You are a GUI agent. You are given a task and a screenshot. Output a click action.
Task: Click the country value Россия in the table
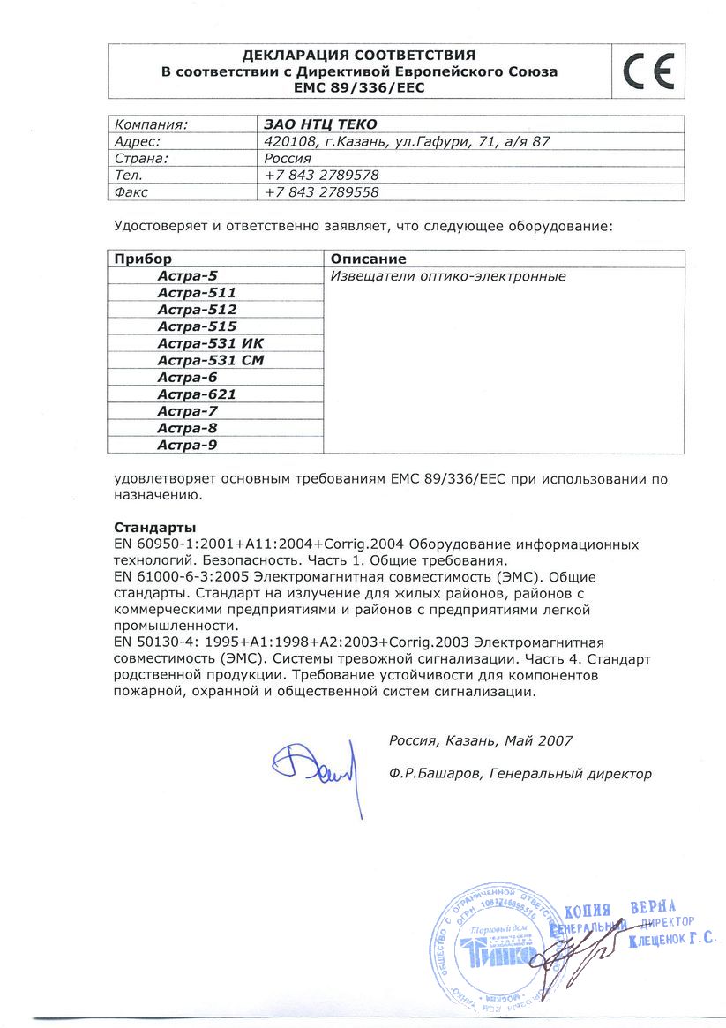coord(288,158)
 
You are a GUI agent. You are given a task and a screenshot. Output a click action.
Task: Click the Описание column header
coord(368,259)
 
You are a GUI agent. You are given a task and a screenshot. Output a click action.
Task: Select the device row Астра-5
coord(187,276)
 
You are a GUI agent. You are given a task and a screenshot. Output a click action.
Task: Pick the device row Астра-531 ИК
coord(210,344)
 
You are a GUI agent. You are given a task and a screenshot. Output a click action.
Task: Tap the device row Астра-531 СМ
coord(211,361)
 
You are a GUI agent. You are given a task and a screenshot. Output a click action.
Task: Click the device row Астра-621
coord(197,394)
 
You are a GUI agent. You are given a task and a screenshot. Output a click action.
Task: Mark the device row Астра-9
coord(187,446)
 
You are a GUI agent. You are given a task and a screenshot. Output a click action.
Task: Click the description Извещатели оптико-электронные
coord(447,276)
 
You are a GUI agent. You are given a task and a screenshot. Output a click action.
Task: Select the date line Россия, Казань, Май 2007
coord(481,741)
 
